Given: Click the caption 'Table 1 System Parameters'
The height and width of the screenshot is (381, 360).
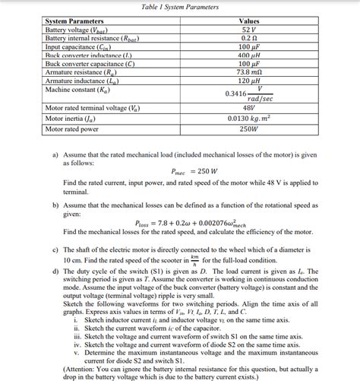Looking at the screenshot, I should point(180,7).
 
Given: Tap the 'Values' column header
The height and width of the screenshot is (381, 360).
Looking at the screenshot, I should point(248,21).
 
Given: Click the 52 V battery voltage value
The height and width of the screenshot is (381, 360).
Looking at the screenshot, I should point(248,30).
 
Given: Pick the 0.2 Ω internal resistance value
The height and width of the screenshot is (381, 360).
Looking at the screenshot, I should point(248,38).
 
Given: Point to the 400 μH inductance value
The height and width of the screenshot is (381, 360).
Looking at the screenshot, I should point(248,56).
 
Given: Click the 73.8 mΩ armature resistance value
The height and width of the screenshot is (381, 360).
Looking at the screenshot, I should point(248,72).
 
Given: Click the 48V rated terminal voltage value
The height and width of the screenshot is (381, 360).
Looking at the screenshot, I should point(248,108).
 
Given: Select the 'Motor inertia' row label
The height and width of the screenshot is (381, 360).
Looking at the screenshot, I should point(73,119).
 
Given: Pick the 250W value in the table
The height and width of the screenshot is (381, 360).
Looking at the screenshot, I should point(248,129).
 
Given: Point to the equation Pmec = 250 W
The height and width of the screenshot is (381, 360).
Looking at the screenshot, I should point(194,171).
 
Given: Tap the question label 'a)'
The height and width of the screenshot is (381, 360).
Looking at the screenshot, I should point(55,154).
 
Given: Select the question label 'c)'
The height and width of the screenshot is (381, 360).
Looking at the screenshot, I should point(55,249).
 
